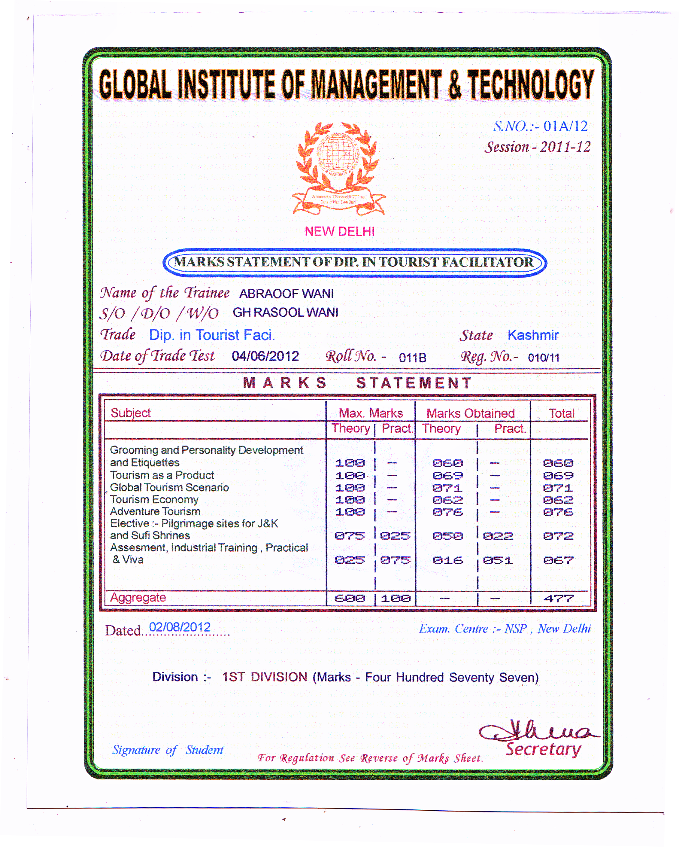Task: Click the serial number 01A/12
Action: (x=565, y=126)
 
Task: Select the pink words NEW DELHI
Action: (x=339, y=231)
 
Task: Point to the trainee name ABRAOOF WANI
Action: (x=286, y=294)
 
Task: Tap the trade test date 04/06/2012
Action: (x=265, y=356)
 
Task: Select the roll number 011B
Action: (x=412, y=358)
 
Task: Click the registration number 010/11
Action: (x=543, y=358)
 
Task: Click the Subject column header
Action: (x=130, y=413)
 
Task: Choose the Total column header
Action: (x=561, y=413)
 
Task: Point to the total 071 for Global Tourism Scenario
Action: (x=558, y=488)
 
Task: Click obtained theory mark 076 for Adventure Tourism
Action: (x=447, y=512)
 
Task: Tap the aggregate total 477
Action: (x=558, y=598)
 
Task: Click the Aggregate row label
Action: (x=138, y=598)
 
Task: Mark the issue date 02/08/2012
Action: (x=180, y=627)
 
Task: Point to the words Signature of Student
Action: (x=168, y=750)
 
